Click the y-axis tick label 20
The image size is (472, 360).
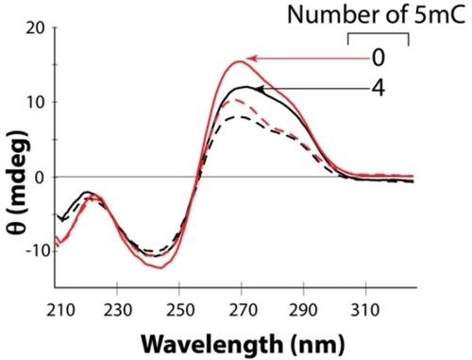click(35, 29)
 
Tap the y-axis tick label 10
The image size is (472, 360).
click(35, 103)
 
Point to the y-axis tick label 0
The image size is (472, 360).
click(39, 178)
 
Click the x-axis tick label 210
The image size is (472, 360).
click(60, 311)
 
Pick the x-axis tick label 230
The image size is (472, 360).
click(117, 311)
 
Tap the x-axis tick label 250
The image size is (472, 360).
click(179, 311)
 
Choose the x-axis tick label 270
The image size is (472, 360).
click(242, 311)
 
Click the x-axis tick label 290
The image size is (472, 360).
click(304, 311)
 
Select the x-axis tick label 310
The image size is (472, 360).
click(366, 311)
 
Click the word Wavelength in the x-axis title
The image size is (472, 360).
click(212, 344)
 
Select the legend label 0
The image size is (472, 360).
click(379, 58)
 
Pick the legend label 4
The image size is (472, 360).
click(379, 88)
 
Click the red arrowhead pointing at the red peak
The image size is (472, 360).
click(251, 59)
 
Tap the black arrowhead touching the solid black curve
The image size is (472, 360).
click(259, 89)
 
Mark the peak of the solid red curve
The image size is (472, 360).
click(241, 61)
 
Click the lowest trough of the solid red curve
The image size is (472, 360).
click(161, 268)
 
